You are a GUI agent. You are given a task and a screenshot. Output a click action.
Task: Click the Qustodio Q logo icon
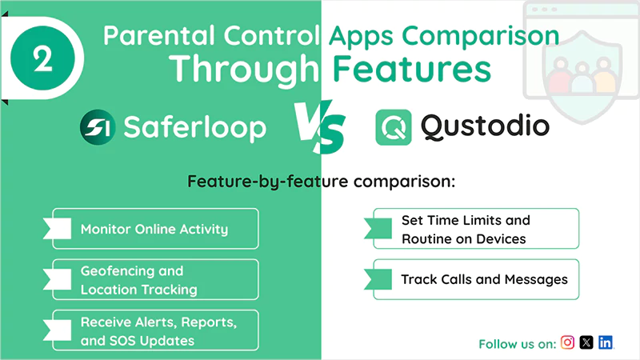(x=394, y=126)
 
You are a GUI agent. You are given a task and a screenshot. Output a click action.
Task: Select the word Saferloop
(x=194, y=126)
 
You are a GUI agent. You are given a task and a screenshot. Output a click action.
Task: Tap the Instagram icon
(x=567, y=342)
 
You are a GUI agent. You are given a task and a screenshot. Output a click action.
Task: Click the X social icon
(x=586, y=342)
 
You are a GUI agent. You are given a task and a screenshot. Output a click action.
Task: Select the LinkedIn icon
(x=606, y=342)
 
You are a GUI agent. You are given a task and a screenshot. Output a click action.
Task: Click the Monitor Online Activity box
(x=155, y=229)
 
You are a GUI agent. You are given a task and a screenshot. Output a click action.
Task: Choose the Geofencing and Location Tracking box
(x=155, y=280)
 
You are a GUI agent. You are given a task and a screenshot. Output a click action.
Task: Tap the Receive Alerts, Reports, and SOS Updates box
(x=155, y=331)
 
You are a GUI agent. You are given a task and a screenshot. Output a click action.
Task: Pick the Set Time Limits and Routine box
(x=475, y=229)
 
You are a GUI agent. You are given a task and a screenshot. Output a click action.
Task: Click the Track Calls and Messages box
(x=475, y=280)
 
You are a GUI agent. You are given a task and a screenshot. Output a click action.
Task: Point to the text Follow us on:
(x=517, y=344)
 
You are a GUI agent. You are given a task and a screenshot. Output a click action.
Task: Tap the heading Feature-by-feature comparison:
(x=321, y=181)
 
